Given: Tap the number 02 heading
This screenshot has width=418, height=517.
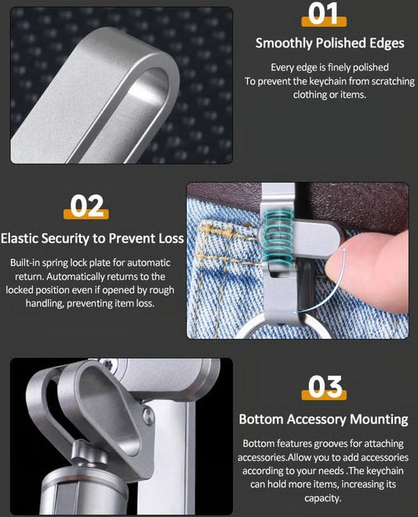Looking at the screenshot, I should click(x=87, y=206).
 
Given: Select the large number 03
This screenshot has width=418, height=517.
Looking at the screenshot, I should click(x=322, y=387).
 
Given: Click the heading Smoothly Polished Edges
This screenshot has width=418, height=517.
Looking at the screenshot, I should click(x=329, y=42).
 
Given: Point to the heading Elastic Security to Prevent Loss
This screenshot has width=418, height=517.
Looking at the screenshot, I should click(x=93, y=238).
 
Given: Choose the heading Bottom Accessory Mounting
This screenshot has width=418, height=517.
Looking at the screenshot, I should click(x=323, y=419).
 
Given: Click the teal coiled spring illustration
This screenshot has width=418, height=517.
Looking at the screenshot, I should click(x=277, y=236).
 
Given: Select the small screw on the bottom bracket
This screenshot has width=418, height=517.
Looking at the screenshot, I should click(x=149, y=419).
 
